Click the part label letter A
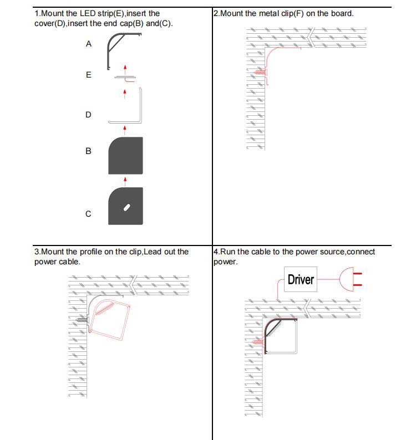coord(89,44)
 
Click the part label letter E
coord(89,75)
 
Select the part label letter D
coord(88,115)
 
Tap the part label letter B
coord(88,151)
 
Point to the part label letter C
coord(88,214)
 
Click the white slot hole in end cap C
coord(127,207)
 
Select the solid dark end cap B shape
coord(125,156)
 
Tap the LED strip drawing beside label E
coord(125,77)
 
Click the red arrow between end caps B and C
coord(125,182)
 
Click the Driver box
coord(301,279)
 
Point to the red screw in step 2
coord(259,73)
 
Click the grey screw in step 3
coord(82,320)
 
